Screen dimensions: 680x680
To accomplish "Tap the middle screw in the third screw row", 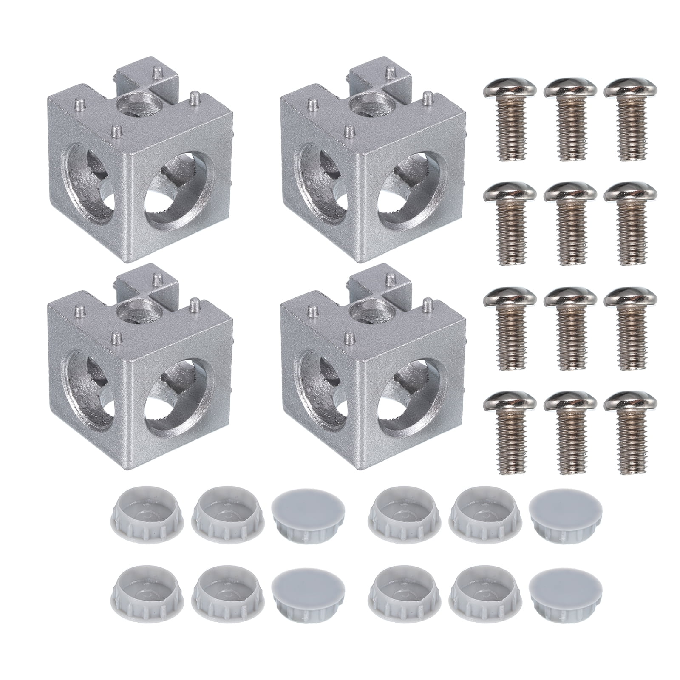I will click(567, 327).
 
